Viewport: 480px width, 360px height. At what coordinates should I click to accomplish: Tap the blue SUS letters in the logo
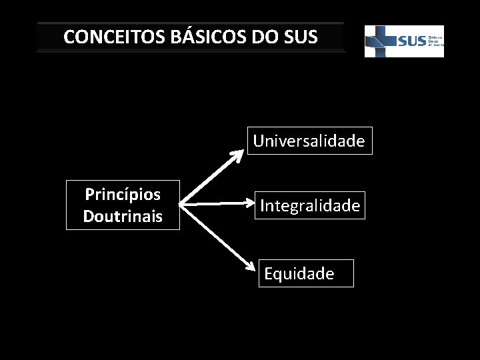click(x=411, y=41)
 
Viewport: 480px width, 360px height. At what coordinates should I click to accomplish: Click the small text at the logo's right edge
click(x=435, y=41)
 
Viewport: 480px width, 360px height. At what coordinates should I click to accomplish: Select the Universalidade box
click(x=309, y=141)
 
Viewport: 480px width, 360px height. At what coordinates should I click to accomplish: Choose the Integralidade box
click(x=310, y=205)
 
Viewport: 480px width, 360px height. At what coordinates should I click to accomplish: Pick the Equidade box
click(x=306, y=273)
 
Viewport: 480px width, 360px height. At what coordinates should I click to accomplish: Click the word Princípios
click(x=123, y=195)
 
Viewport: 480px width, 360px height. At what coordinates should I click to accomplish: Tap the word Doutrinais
click(x=123, y=216)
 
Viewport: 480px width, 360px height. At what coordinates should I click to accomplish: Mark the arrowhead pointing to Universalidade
click(x=238, y=155)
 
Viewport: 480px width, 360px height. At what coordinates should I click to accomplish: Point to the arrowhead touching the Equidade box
click(x=252, y=267)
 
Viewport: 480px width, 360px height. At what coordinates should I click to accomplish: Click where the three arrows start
click(x=183, y=203)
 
